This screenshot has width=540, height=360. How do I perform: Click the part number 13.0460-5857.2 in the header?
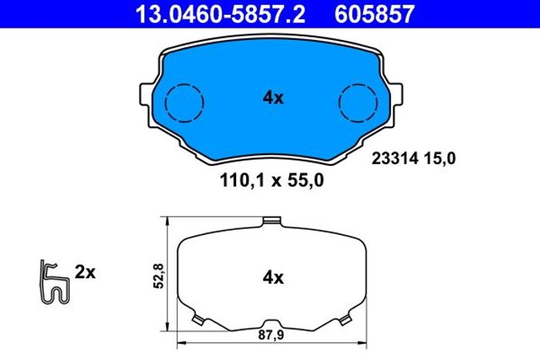pyautogui.click(x=221, y=14)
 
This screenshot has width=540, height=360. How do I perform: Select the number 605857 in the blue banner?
pyautogui.click(x=374, y=14)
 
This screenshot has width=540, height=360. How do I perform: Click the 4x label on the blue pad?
pyautogui.click(x=273, y=98)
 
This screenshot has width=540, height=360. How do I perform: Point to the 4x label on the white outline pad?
pyautogui.click(x=273, y=277)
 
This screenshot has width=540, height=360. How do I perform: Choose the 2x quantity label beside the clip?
pyautogui.click(x=85, y=272)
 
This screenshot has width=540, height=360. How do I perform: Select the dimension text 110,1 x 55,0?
pyautogui.click(x=272, y=180)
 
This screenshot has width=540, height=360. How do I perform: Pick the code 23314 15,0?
pyautogui.click(x=413, y=159)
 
